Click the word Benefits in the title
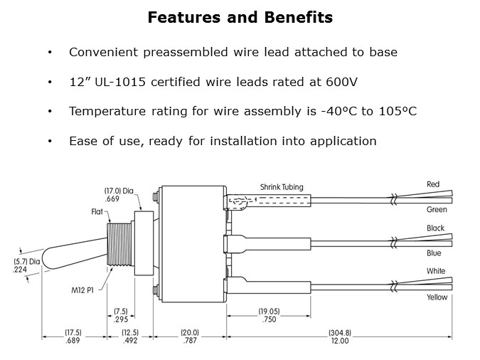[x=299, y=17]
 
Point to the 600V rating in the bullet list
[x=341, y=82]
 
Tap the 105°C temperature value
[x=398, y=111]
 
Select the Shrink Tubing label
[x=282, y=187]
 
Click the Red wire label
[x=433, y=184]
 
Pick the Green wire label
[x=437, y=210]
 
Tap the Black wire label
[x=435, y=228]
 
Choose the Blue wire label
[x=434, y=253]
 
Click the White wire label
[x=436, y=271]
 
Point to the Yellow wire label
[x=437, y=297]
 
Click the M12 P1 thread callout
[x=82, y=290]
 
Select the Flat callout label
[x=97, y=212]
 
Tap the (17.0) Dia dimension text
[x=119, y=191]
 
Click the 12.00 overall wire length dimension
[x=340, y=341]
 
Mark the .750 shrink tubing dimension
[x=269, y=319]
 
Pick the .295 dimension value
[x=121, y=319]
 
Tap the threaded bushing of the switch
[x=119, y=244]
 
